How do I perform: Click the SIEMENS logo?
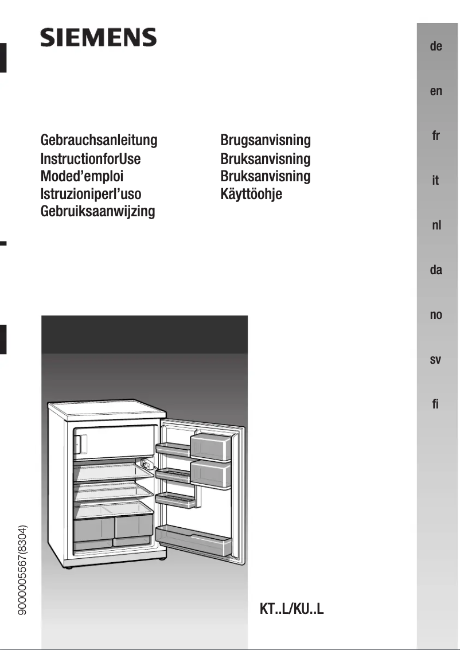pyautogui.click(x=98, y=38)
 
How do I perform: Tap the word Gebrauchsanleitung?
pyautogui.click(x=99, y=140)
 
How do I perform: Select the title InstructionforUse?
pyautogui.click(x=91, y=158)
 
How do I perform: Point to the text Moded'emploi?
pyautogui.click(x=82, y=176)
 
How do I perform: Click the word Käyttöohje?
pyautogui.click(x=251, y=194)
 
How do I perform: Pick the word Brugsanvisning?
pyautogui.click(x=266, y=140)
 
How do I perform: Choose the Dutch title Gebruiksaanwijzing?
pyautogui.click(x=98, y=212)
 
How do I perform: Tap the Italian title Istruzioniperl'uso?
pyautogui.click(x=91, y=194)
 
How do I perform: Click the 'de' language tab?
pyautogui.click(x=436, y=46)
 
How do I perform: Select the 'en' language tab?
pyautogui.click(x=436, y=91)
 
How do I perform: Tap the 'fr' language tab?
pyautogui.click(x=436, y=136)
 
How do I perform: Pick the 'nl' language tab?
pyautogui.click(x=436, y=225)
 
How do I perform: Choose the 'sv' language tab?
pyautogui.click(x=436, y=360)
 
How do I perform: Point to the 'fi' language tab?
pyautogui.click(x=436, y=404)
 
